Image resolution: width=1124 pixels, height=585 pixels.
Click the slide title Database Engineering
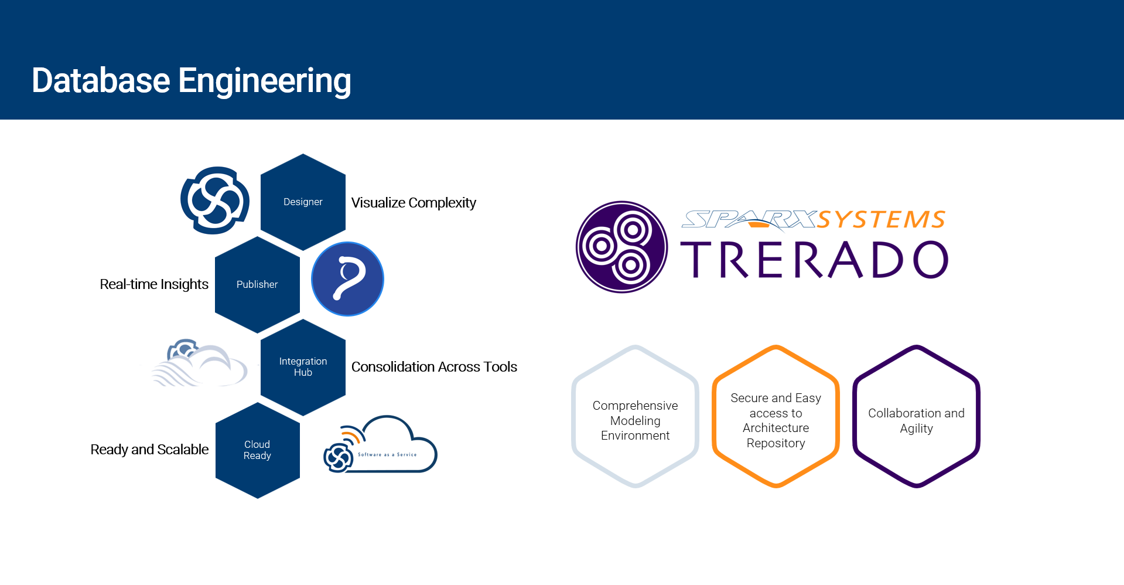tap(192, 81)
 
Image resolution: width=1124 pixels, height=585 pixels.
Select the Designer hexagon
tap(303, 202)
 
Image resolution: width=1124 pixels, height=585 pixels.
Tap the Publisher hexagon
tap(257, 285)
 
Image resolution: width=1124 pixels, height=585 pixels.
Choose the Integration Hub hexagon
tap(303, 368)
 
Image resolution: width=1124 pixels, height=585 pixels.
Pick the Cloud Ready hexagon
tap(257, 450)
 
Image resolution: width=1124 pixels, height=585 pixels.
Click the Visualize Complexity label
tap(414, 203)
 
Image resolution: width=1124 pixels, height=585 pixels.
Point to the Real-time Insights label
tap(154, 284)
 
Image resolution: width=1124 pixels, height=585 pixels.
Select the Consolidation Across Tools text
tap(434, 367)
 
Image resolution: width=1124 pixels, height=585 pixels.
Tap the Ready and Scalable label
tap(149, 450)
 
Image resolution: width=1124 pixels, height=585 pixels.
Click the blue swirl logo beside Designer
tap(215, 200)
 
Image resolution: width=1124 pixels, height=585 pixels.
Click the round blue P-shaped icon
tap(347, 279)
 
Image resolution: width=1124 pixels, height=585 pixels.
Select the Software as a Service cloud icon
tap(380, 445)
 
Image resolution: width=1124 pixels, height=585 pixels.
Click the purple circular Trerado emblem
tap(622, 247)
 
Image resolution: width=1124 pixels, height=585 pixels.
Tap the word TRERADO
tap(814, 260)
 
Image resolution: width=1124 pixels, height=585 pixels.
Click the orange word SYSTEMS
tap(881, 220)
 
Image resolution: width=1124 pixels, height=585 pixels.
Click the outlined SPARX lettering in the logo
tap(749, 220)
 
